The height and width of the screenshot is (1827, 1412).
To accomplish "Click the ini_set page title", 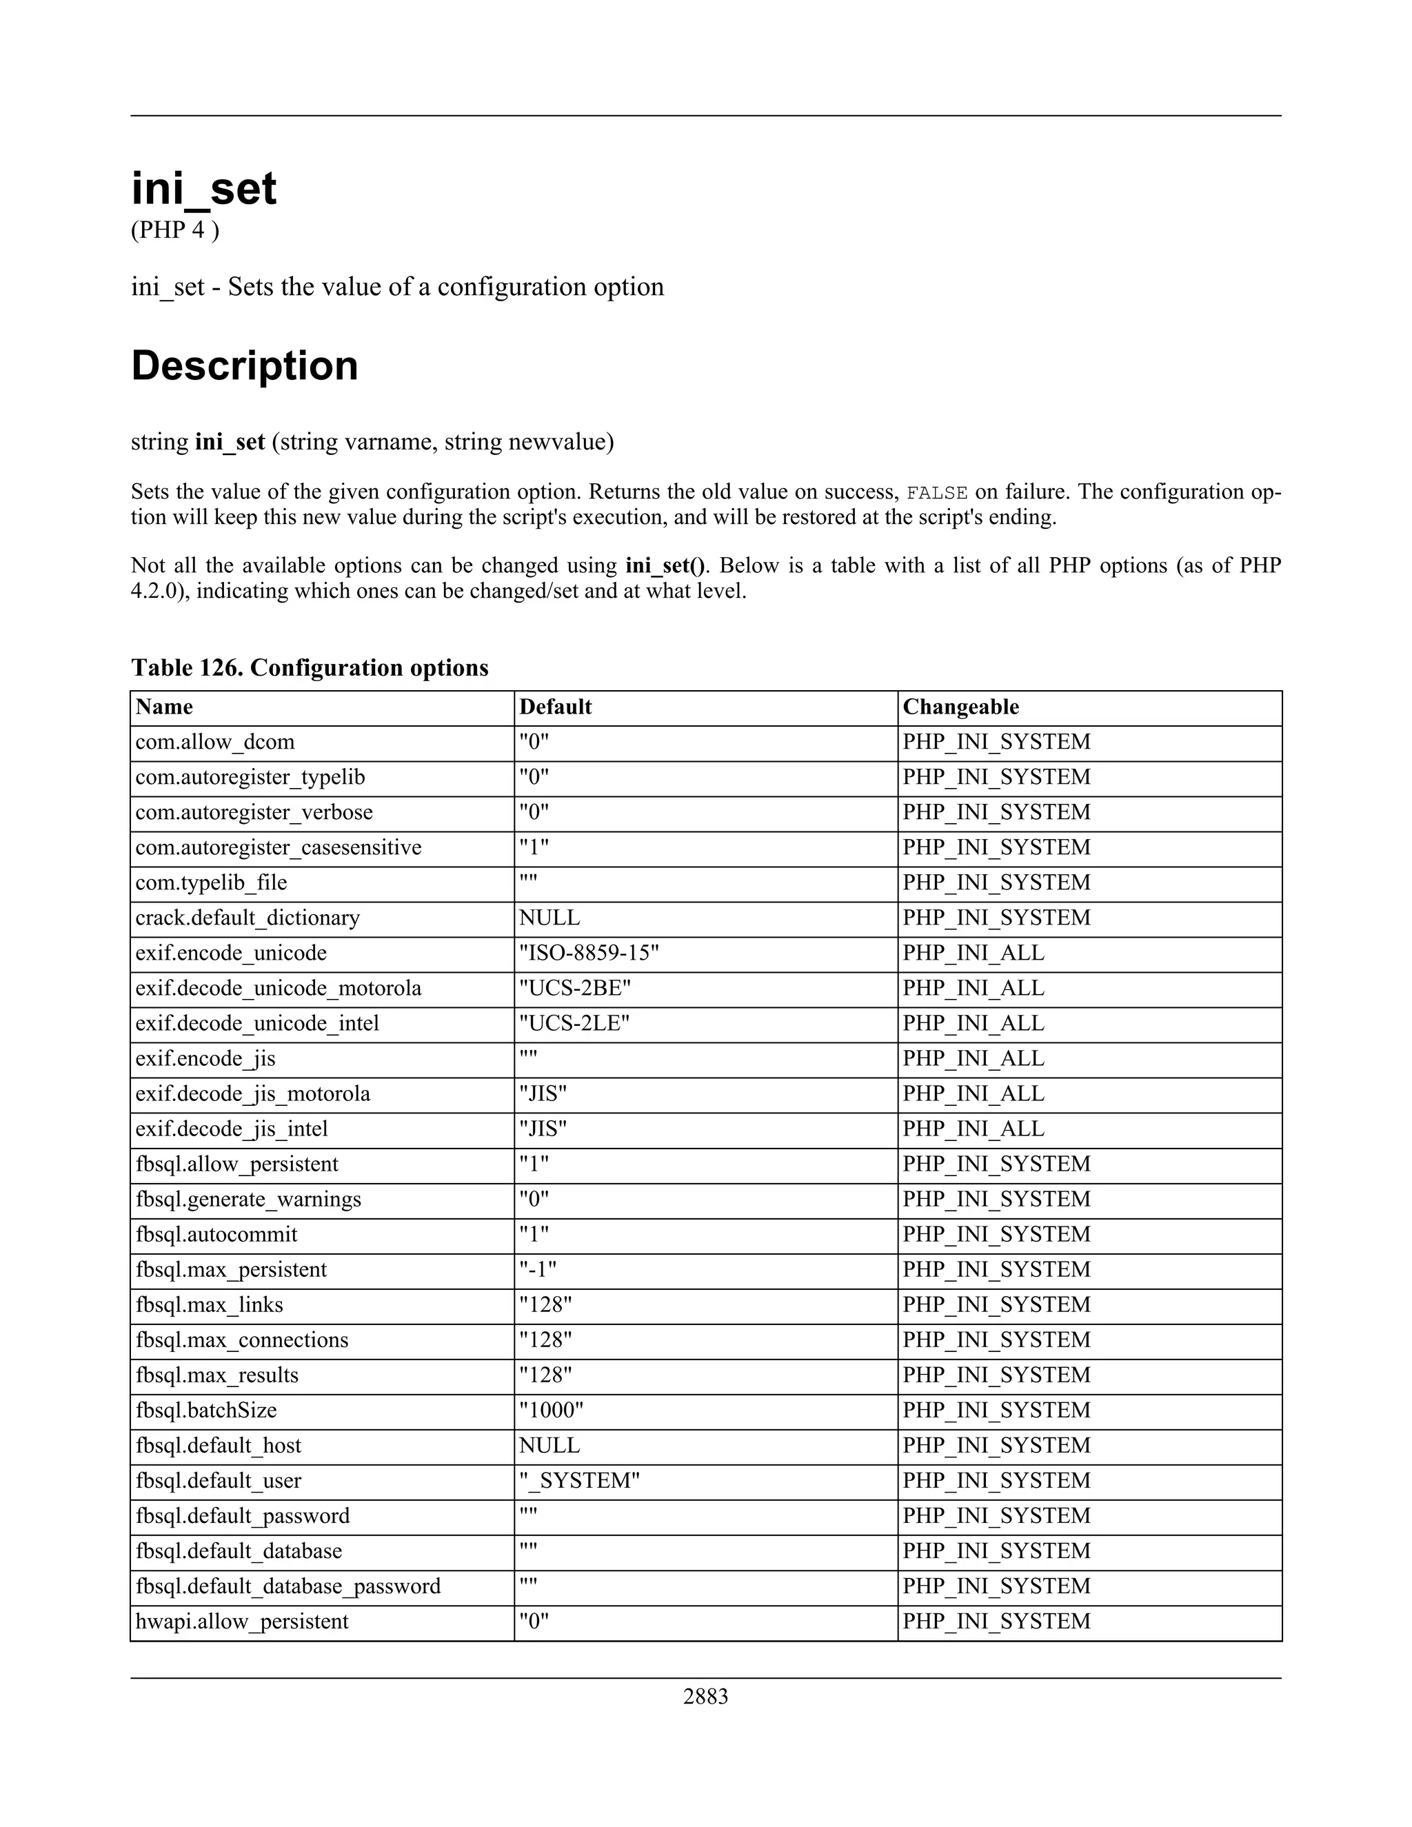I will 203,188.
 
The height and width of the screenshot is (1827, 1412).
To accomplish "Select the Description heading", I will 244,365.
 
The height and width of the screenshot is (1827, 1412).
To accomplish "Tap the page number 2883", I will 705,1696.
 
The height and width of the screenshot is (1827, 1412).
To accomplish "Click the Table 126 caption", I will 310,667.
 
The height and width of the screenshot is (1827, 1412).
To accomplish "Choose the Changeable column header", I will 960,707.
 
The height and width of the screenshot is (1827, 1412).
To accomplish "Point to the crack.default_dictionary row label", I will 248,918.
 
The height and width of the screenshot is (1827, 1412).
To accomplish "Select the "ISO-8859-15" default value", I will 589,953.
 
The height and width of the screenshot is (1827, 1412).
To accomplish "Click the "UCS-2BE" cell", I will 575,988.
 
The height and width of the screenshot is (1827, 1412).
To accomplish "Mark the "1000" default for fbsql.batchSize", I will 550,1411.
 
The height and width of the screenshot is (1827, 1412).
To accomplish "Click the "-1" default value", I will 537,1269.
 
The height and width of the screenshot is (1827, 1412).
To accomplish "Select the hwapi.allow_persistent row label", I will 242,1622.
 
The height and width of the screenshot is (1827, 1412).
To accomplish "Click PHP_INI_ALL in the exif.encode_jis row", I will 973,1058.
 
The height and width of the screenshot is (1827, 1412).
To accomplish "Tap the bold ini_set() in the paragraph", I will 665,565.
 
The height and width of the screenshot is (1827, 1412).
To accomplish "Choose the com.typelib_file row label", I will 211,882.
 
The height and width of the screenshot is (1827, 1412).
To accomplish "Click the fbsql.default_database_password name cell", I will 288,1586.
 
